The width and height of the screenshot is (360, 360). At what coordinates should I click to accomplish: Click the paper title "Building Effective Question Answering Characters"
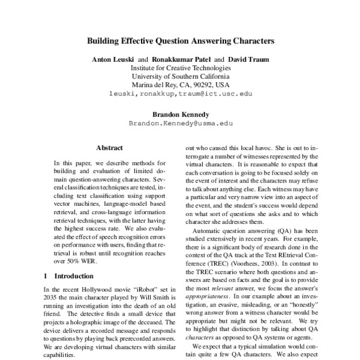180,42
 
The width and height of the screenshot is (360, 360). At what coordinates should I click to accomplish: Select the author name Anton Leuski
113,60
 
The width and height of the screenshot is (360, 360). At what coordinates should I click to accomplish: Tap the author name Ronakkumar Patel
179,60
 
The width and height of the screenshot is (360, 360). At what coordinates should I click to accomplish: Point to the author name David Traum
248,60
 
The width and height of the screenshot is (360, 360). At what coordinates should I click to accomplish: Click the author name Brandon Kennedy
180,113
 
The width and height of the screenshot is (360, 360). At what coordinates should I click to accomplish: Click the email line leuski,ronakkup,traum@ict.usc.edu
181,94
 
